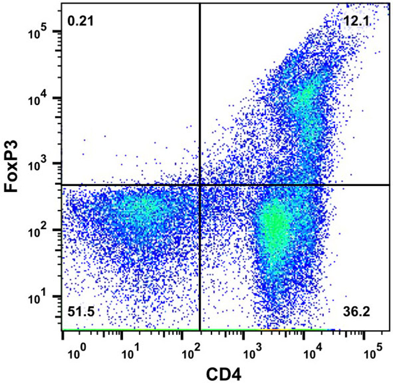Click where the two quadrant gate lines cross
199,185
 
